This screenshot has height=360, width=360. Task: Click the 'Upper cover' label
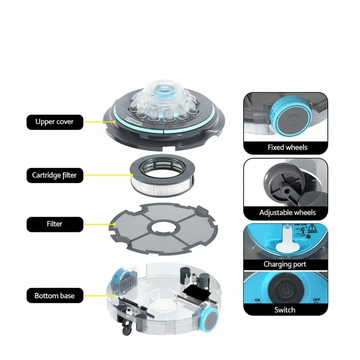click(55, 122)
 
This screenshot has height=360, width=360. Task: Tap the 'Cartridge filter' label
click(55, 175)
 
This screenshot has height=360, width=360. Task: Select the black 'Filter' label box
click(55, 224)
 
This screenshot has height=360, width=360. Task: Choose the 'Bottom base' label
click(55, 296)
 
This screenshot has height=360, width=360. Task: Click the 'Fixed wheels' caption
click(287, 147)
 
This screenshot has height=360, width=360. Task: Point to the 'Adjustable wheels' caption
click(287, 213)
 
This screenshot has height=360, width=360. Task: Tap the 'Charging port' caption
click(285, 264)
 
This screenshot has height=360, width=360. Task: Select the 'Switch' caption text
click(285, 310)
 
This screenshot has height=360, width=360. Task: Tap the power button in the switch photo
click(284, 288)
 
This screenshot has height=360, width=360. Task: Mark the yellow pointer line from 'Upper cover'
click(99, 122)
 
